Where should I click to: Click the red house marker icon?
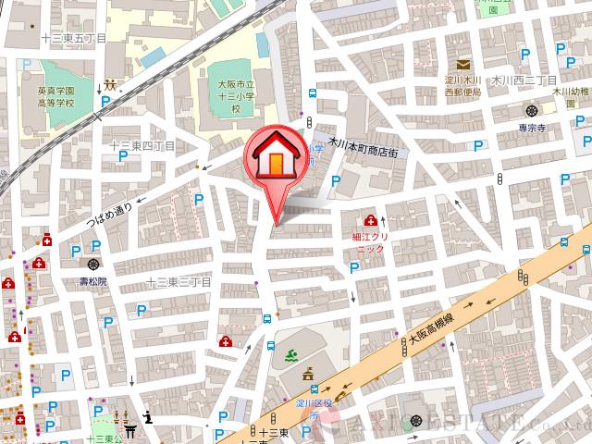pyautogui.click(x=276, y=157)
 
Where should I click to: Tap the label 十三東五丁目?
pyautogui.click(x=75, y=38)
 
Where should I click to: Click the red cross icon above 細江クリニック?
pyautogui.click(x=371, y=220)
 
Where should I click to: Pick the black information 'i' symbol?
pyautogui.click(x=147, y=417)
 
